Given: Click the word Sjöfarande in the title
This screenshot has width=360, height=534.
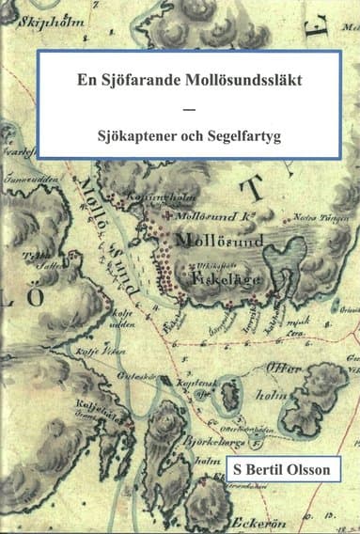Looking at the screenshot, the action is [x=139, y=81].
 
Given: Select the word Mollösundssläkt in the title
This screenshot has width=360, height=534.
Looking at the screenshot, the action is [x=227, y=81].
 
